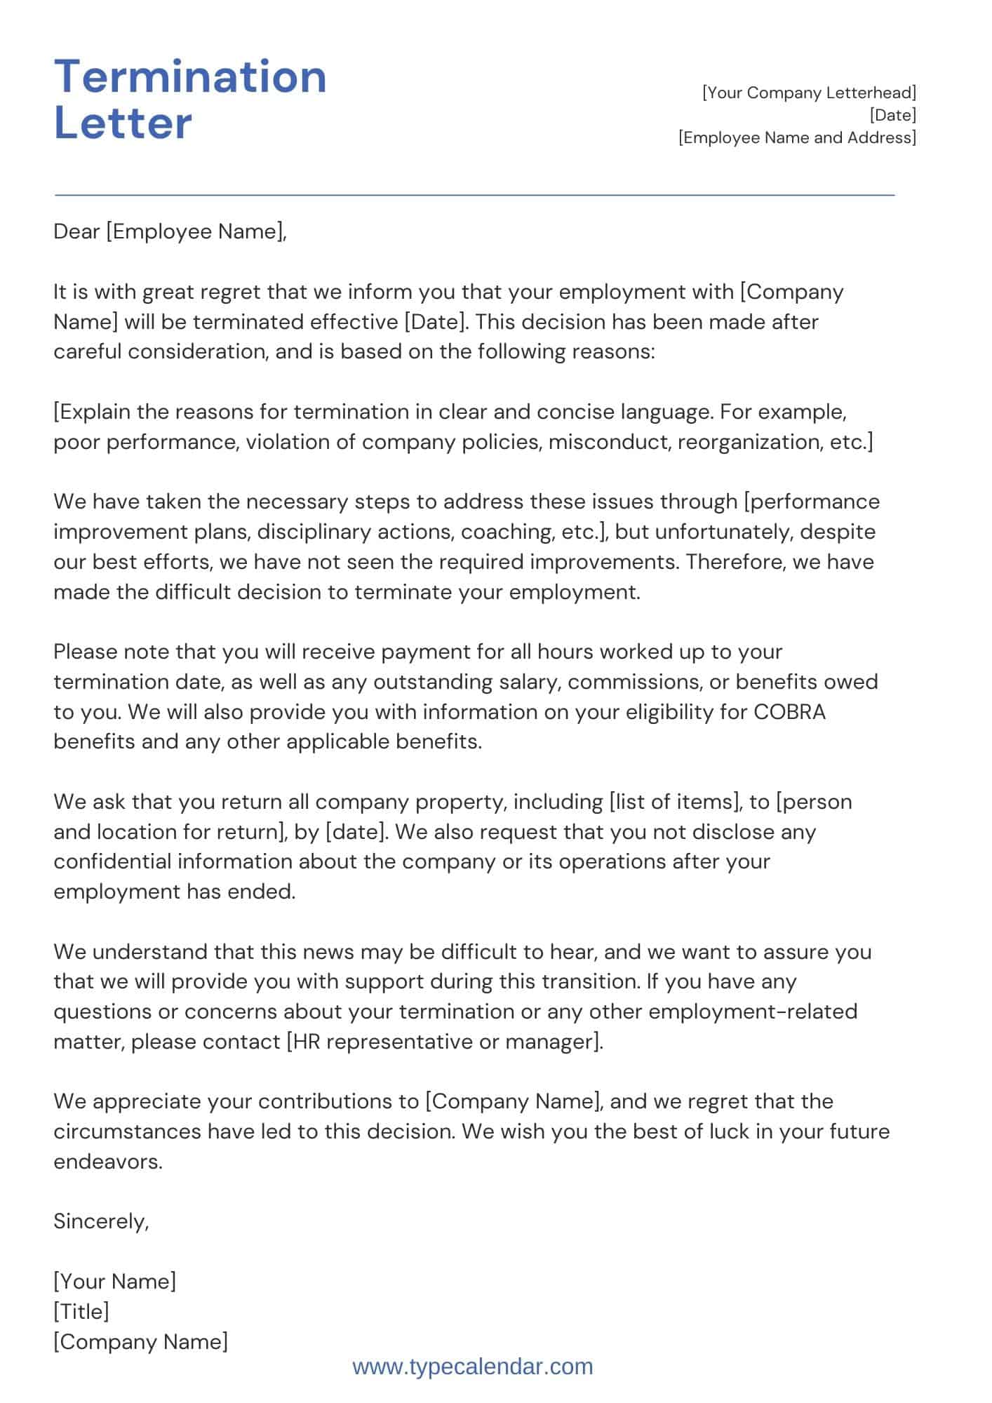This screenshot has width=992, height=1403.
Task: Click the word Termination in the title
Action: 190,76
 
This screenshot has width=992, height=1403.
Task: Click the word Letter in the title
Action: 123,123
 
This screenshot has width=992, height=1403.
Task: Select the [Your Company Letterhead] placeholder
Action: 809,93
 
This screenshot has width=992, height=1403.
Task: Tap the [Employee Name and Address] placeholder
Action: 797,137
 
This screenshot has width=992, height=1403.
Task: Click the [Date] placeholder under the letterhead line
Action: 892,115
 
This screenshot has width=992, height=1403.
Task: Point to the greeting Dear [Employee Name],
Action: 170,231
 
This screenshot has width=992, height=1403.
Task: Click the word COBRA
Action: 789,712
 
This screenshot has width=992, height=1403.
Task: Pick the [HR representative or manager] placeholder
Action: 445,1042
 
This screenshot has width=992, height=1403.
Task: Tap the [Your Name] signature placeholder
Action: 115,1282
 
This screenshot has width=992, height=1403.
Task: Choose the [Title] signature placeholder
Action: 81,1312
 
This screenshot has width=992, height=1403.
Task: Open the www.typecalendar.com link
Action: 473,1367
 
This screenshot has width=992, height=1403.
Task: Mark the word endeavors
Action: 107,1162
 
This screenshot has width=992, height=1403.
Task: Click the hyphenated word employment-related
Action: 753,1012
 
